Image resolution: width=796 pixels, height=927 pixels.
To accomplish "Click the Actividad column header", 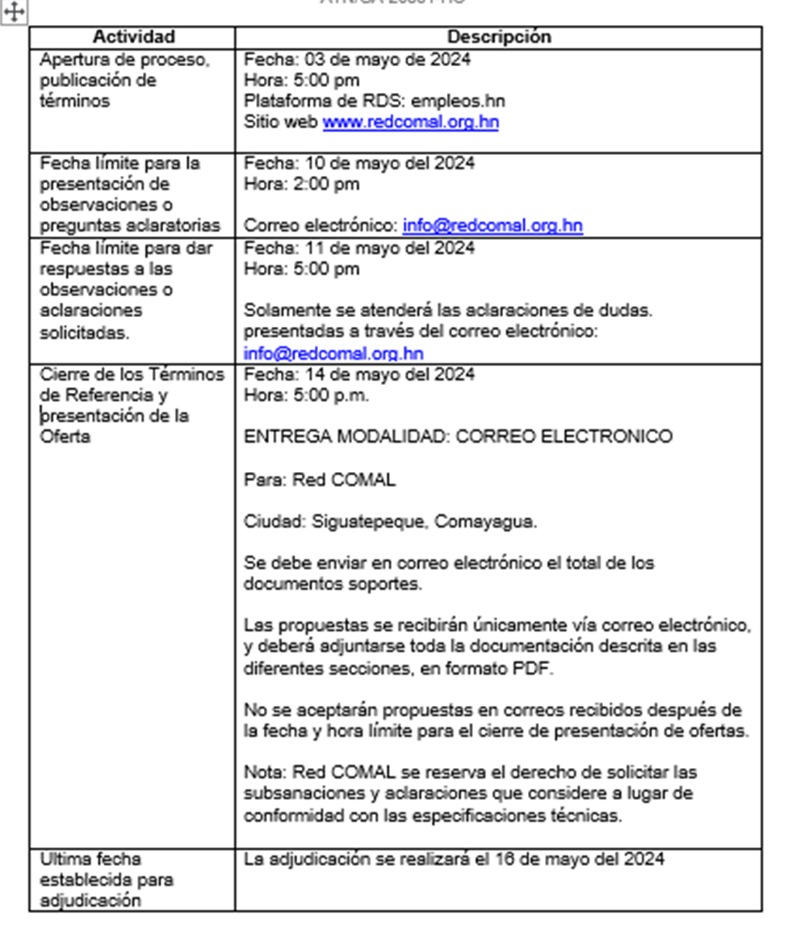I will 133,37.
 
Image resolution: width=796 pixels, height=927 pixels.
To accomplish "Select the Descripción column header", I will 499,37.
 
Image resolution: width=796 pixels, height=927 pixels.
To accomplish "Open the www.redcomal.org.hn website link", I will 410,123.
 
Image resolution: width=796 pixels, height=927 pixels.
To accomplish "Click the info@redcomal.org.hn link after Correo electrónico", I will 492,226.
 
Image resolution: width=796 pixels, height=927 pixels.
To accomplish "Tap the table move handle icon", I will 15,11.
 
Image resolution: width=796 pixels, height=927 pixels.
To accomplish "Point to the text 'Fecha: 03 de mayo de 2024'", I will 357,60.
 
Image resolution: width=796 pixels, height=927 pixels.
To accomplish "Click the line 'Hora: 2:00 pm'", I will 301,184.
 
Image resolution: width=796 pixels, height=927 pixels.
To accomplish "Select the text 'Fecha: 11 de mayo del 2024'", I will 359,248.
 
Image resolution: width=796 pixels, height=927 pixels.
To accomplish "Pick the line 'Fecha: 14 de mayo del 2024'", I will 359,374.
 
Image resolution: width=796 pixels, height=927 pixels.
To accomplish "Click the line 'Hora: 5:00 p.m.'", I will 306,395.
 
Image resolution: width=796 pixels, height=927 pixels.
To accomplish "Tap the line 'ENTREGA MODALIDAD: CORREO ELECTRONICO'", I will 458,437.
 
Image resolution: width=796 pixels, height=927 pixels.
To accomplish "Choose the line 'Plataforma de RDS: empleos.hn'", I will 375,102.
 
